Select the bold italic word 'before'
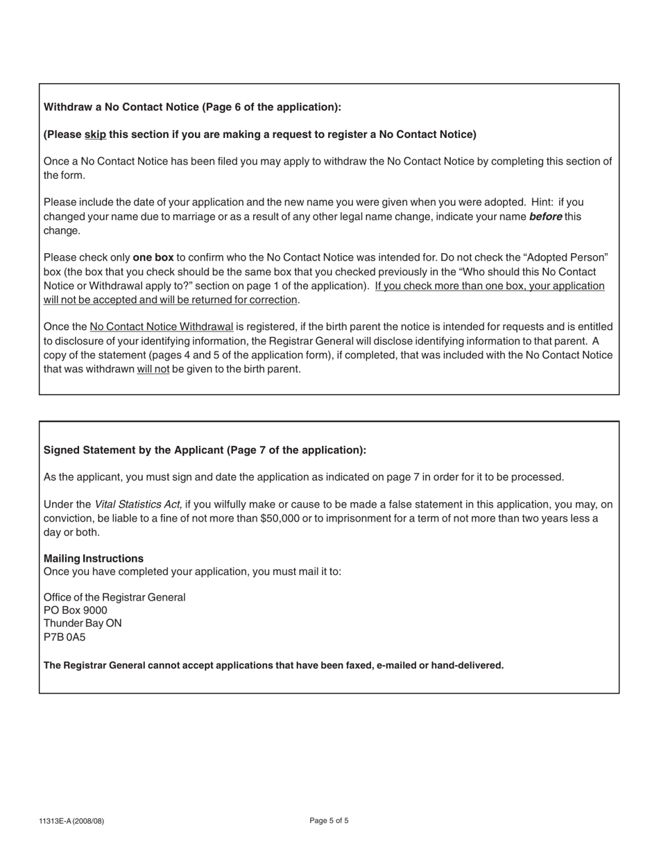545,216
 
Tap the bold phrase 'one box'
153,257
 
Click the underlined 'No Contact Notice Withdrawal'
161,327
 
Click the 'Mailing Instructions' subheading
94,558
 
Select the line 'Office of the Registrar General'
114,597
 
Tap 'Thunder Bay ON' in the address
83,623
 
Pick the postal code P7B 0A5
65,637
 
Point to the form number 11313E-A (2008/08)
71,822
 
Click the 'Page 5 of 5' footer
329,821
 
